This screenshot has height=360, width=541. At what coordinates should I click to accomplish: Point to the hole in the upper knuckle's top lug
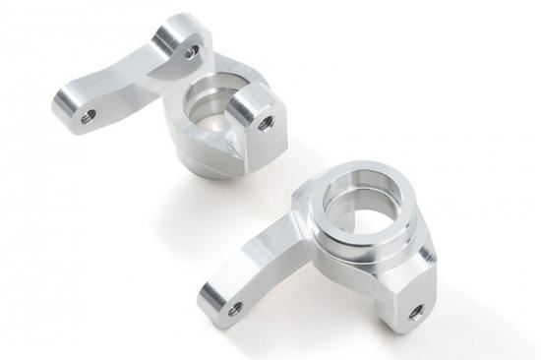coord(191,49)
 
